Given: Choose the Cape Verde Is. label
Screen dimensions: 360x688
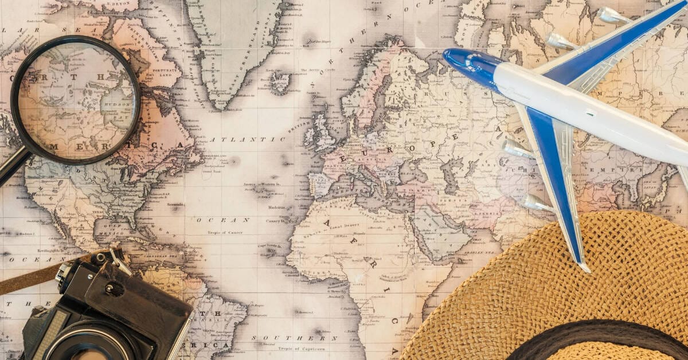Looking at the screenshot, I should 269,246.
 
